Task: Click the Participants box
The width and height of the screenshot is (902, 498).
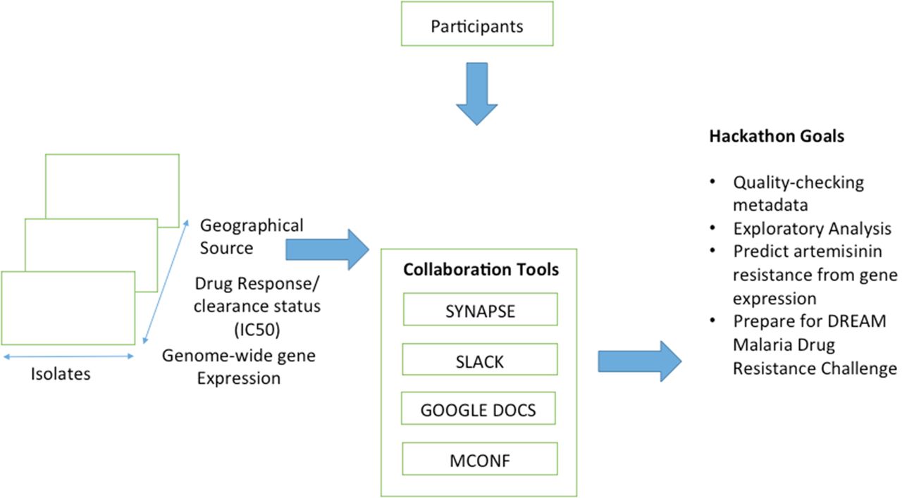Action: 477,27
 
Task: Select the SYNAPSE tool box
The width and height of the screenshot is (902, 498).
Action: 480,310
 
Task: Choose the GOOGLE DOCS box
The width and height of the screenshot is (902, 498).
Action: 478,409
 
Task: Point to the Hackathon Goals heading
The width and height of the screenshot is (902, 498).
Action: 776,137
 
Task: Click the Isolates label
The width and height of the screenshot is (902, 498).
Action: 61,374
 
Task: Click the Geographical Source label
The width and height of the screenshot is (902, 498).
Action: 252,237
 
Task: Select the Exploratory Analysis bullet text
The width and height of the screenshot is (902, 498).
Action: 812,229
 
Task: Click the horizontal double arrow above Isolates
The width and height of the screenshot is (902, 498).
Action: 68,356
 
